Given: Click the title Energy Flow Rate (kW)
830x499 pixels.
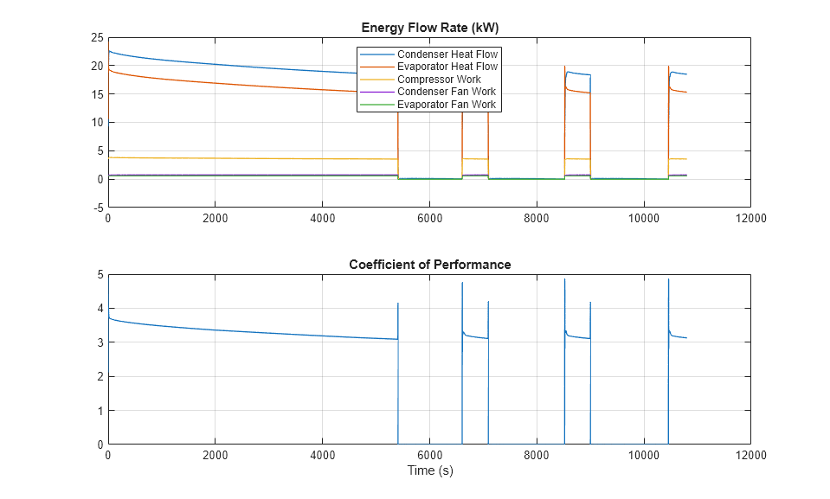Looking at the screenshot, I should coord(429,28).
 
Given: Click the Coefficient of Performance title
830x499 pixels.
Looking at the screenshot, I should coord(429,265).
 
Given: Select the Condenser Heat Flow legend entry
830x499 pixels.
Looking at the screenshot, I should coord(447,54).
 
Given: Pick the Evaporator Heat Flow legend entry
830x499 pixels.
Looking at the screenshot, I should coord(447,67).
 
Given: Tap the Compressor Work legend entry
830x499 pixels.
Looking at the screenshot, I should coord(439,80).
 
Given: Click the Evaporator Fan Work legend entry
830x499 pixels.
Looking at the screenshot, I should coord(447,105).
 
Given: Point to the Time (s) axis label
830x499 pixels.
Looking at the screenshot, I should coord(429,471).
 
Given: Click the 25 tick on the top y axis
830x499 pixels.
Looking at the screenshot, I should coord(97,37).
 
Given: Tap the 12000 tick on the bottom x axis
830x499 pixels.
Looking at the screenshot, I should coord(750,456).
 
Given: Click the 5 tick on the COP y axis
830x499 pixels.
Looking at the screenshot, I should coord(100,275).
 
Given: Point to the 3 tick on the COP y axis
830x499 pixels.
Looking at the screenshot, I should coord(100,342).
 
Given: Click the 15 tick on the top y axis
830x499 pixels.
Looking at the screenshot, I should coord(97,94).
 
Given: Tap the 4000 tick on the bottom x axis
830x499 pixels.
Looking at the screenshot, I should coord(322,456).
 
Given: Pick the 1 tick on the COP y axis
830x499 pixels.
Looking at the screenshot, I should coord(100,411).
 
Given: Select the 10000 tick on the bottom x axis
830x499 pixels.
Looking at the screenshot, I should coord(643,456).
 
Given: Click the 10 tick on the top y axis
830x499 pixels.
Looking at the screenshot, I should coord(97,123).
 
